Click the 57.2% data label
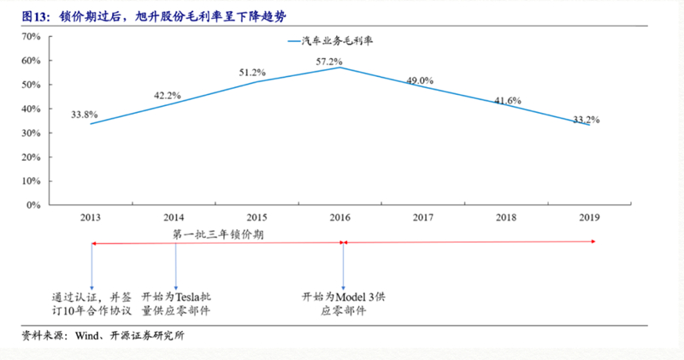tap(329, 62)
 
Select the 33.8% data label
tap(85, 114)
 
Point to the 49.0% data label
tap(420, 80)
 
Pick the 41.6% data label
tap(508, 101)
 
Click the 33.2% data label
tap(586, 119)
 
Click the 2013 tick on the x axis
tap(91, 218)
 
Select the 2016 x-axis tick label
tap(342, 218)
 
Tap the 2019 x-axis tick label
tap(593, 218)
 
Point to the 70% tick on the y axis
tap(31, 37)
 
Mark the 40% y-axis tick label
tap(31, 109)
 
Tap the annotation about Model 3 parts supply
tap(342, 304)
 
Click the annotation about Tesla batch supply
tap(176, 304)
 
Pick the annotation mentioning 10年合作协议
tap(91, 304)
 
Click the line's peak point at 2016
tap(342, 67)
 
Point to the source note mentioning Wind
tap(103, 336)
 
